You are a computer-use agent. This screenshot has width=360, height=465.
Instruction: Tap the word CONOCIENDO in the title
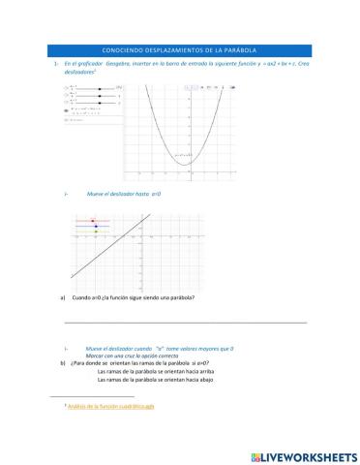(x=121, y=49)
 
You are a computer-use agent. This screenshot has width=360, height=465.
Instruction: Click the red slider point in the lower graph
(x=95, y=221)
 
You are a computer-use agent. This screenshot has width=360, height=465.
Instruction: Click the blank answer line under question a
(x=184, y=322)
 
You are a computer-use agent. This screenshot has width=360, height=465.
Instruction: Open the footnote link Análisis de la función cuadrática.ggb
(x=104, y=406)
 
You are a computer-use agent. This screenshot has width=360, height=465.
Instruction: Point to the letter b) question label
(x=62, y=362)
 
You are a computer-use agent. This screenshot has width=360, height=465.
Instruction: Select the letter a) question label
(x=62, y=296)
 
